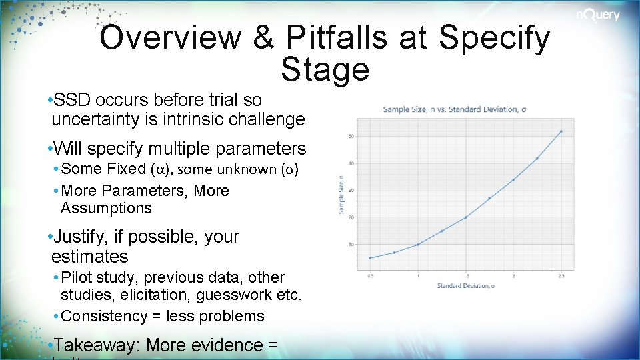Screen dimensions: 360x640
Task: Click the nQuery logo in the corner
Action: [598, 15]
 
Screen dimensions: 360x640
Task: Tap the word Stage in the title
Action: [325, 69]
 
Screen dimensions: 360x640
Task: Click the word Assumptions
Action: [106, 208]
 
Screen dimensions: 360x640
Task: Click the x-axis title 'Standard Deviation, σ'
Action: [466, 285]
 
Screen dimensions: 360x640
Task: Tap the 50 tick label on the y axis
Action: [351, 137]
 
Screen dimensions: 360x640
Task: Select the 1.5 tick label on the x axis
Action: [466, 275]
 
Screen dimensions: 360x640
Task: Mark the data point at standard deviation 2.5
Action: [561, 131]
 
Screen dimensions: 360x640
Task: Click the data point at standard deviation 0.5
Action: [371, 258]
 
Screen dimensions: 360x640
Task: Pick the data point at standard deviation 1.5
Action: [466, 217]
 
